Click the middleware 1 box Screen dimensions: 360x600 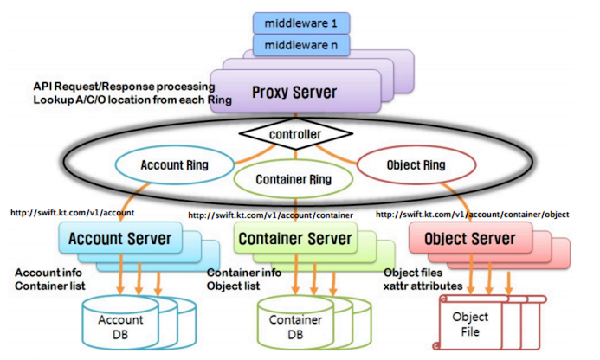[x=298, y=20]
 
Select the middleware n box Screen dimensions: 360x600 [x=298, y=44]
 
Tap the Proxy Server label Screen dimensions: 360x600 [x=294, y=92]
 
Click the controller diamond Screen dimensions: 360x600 [x=296, y=135]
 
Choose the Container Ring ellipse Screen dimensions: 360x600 [x=294, y=180]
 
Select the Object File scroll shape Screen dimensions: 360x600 [x=471, y=323]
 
